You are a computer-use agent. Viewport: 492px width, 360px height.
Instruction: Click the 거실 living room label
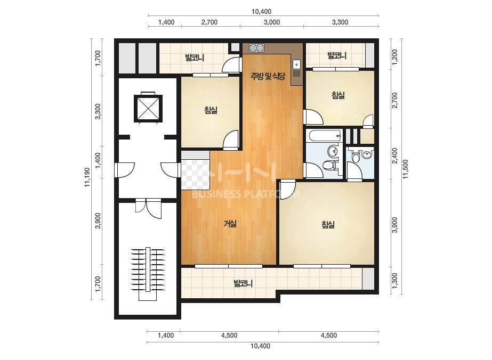(x=230, y=224)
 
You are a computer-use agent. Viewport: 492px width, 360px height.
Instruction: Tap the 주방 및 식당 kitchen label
(x=268, y=76)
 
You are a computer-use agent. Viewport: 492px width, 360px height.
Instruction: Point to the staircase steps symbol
(x=148, y=269)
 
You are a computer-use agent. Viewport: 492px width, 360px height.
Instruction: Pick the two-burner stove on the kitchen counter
(x=257, y=48)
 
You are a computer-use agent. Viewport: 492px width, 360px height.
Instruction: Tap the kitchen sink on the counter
(x=296, y=64)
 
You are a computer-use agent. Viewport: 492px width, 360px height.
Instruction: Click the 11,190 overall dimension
(x=87, y=177)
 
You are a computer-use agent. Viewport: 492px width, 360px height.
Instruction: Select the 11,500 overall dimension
(x=406, y=169)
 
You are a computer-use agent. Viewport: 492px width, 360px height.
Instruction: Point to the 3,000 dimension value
(x=272, y=22)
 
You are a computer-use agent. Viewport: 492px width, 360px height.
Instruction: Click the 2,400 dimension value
(x=395, y=156)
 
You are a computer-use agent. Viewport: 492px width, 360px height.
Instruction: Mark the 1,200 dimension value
(x=395, y=56)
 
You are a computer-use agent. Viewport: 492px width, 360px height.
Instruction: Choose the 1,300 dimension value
(x=395, y=281)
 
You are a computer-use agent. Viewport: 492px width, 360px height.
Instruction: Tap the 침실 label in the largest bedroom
(x=328, y=225)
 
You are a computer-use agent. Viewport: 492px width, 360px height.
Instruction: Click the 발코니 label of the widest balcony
(x=243, y=284)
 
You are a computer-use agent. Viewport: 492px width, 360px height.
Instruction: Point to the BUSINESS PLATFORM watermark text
(x=245, y=194)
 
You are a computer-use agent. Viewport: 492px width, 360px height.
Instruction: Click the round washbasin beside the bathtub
(x=333, y=151)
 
